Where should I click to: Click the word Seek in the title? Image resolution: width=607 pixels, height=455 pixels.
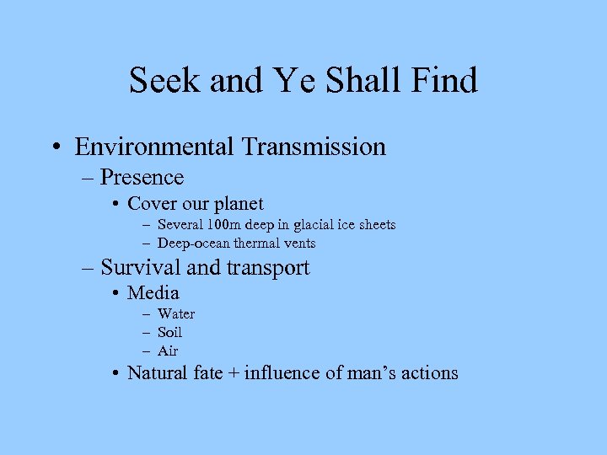pos(163,81)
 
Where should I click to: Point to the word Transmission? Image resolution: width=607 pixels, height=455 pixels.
pos(313,147)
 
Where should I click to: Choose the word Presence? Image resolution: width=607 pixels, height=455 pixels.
pos(142,177)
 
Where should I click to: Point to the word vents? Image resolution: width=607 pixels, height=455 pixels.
pos(299,244)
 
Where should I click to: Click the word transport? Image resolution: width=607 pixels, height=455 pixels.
pos(267,268)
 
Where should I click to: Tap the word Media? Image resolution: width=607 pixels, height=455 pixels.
pos(153,293)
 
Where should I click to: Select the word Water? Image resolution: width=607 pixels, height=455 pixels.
pos(175,314)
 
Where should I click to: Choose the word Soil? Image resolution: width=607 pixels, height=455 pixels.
pos(169,332)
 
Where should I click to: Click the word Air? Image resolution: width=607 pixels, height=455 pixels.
pos(168,351)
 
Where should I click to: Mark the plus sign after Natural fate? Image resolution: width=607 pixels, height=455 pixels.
pos(233,373)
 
